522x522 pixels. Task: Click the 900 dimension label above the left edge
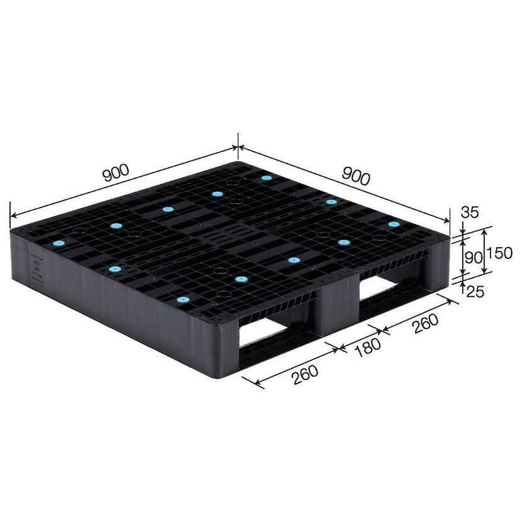(116, 172)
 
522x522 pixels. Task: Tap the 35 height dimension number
(470, 212)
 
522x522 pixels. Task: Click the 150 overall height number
(499, 253)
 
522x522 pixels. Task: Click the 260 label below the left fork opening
(305, 375)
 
